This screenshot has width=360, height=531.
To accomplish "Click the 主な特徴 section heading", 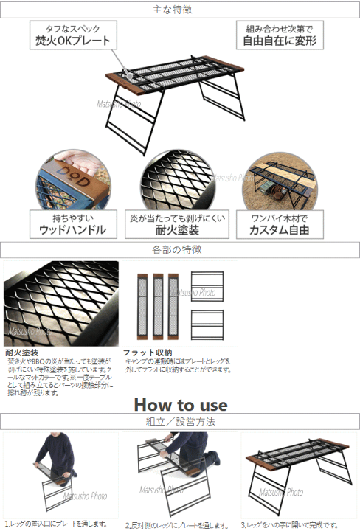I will click(179, 10).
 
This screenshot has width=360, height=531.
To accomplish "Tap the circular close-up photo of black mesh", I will click(177, 181).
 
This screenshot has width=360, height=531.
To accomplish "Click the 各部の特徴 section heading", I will click(179, 250).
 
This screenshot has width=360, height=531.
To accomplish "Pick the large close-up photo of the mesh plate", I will click(60, 302).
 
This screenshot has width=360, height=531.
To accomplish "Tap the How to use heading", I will click(181, 404).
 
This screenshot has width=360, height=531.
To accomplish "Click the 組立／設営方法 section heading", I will click(179, 421).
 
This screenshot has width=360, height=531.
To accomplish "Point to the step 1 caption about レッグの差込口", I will click(60, 524).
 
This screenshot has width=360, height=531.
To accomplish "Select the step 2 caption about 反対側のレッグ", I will click(180, 524).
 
